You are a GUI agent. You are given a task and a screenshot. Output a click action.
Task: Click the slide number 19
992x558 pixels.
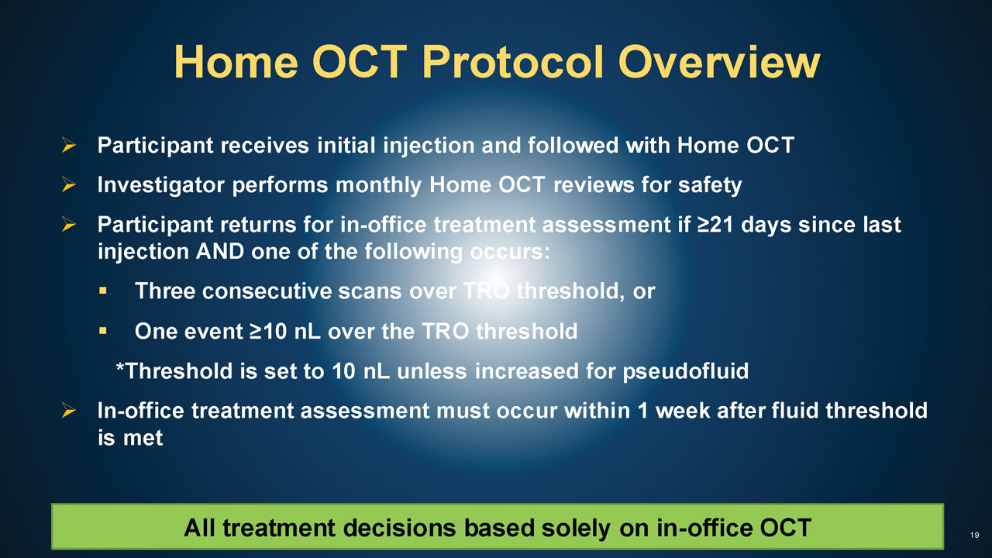coord(974,535)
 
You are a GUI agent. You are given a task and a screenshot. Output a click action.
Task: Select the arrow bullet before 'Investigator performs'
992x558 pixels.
coord(69,184)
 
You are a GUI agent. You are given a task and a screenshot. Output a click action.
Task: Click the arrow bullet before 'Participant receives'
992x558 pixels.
coord(69,145)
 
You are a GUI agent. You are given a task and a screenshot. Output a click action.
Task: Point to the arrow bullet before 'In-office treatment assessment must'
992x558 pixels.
coord(69,410)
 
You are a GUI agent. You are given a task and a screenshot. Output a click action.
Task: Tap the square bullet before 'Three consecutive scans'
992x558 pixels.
coord(103,291)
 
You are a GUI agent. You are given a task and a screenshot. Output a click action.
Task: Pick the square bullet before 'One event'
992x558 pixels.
coord(103,330)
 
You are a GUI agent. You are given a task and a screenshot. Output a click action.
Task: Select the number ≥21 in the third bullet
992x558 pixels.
coord(715,225)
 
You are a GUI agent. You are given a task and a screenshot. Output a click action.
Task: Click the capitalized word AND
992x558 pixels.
coord(219,252)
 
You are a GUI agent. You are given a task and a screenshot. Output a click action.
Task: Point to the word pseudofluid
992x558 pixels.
coord(686,371)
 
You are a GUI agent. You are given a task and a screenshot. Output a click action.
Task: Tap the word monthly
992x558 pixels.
coord(379,185)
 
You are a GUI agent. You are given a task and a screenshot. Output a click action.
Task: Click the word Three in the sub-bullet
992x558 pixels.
coord(165,291)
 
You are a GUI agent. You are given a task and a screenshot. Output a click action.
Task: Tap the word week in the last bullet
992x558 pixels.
coord(682,411)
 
